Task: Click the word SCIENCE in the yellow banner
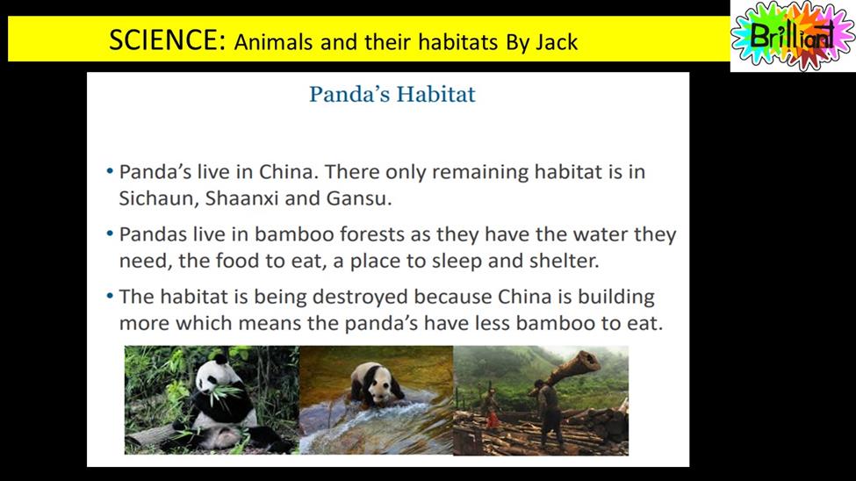(167, 39)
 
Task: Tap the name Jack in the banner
(557, 42)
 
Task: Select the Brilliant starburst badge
(793, 35)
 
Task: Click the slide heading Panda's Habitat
(392, 95)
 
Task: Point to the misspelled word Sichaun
(157, 198)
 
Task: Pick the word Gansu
(359, 198)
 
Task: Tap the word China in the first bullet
(288, 172)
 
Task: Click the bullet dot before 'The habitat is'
(110, 297)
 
